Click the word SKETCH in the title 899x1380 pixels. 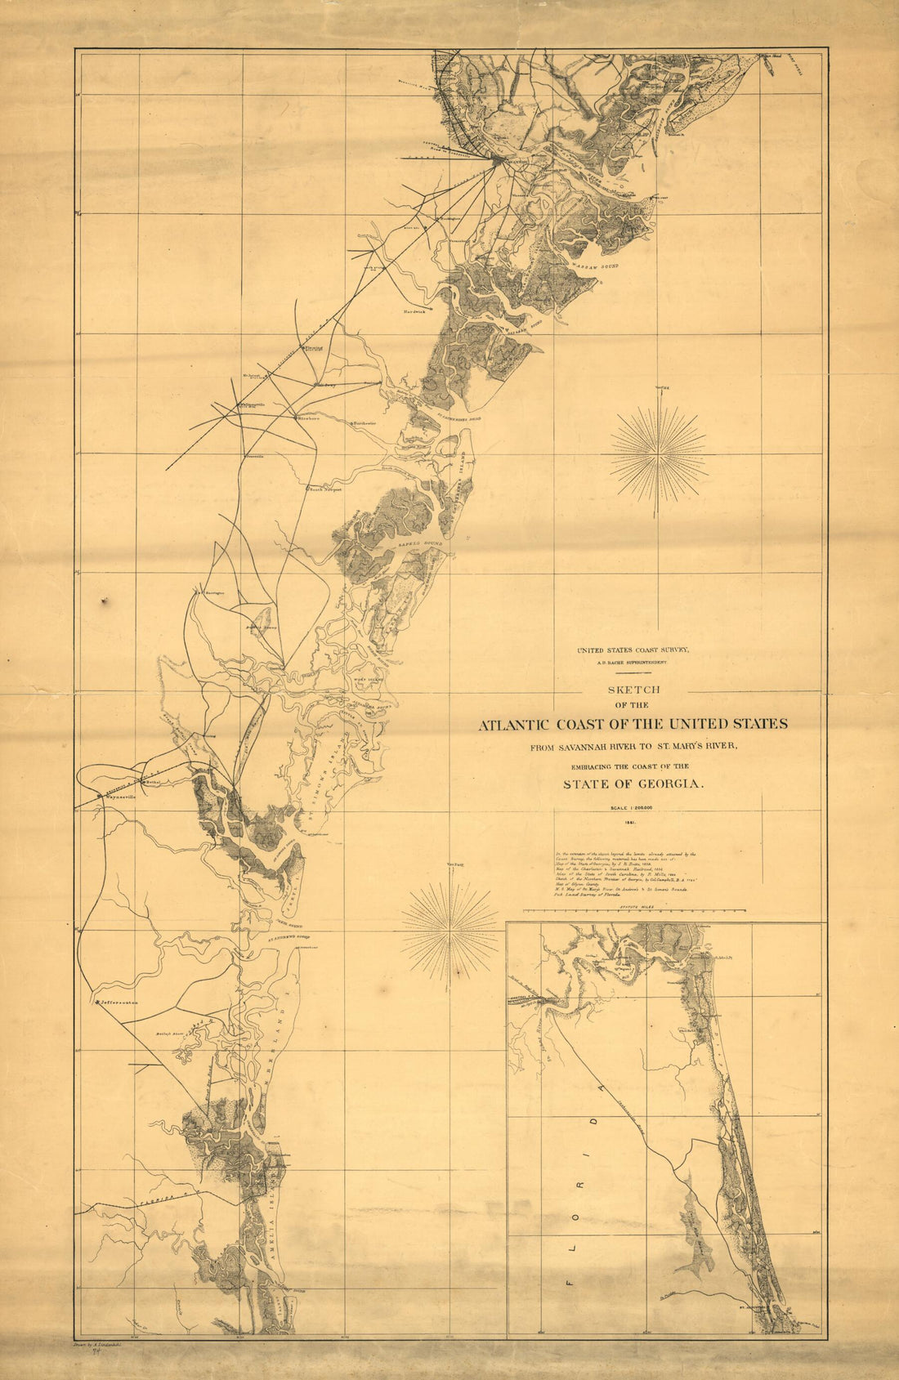(x=633, y=690)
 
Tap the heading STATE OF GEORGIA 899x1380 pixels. (x=633, y=784)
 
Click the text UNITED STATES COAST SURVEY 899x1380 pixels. (x=633, y=650)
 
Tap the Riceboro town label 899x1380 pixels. (x=306, y=418)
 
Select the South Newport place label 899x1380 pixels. (x=324, y=490)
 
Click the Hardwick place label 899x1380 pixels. (x=414, y=311)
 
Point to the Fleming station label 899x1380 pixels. (x=314, y=346)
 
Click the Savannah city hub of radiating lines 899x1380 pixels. (x=496, y=160)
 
